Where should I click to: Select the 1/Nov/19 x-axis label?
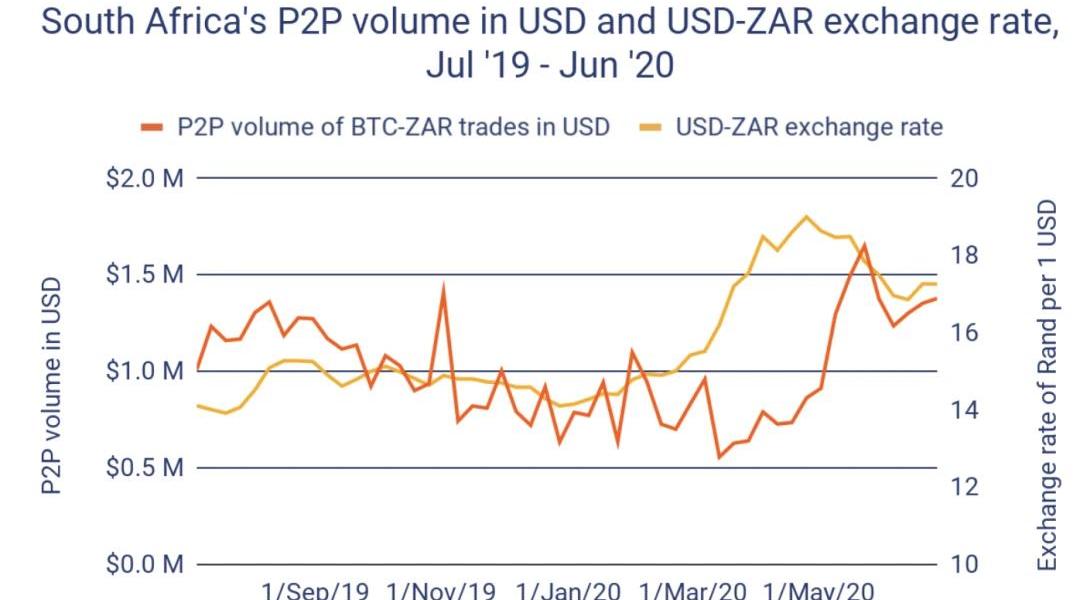coord(441,590)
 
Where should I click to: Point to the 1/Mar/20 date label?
coord(693,590)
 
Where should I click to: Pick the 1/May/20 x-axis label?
coord(818,590)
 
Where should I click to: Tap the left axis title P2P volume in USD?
coord(52,386)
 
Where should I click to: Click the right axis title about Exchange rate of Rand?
coord(1047,385)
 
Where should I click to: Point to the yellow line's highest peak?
coord(806,216)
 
